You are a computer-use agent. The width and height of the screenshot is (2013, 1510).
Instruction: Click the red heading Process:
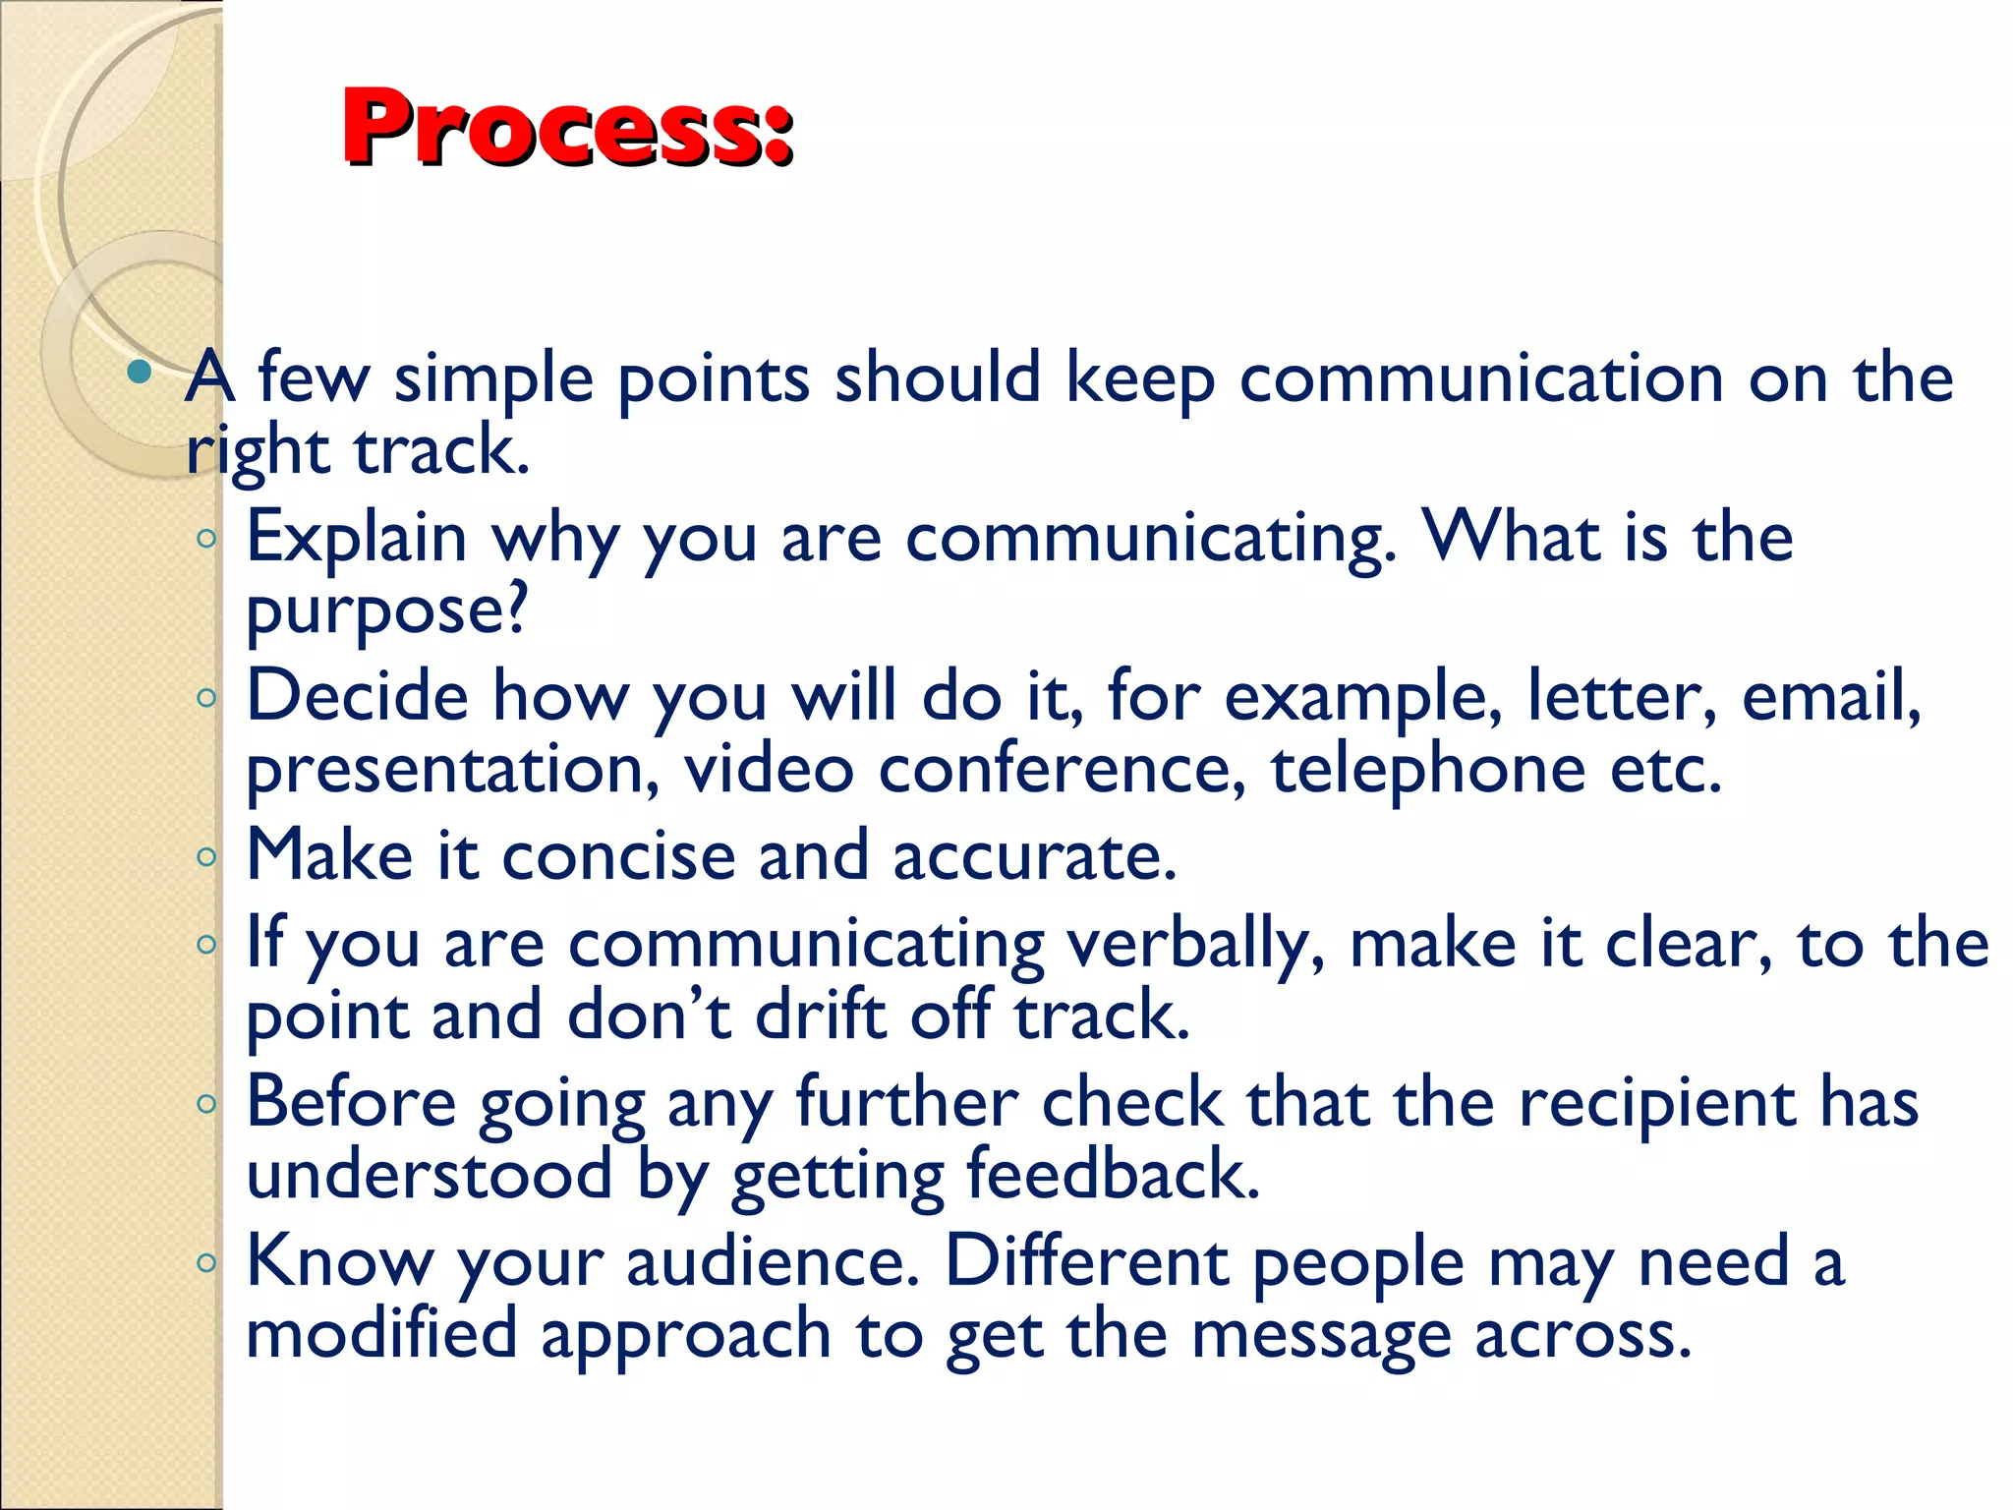[567, 128]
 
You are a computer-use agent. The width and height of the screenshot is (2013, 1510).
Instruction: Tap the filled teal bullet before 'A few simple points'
[140, 372]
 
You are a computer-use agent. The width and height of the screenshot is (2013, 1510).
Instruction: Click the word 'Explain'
[356, 538]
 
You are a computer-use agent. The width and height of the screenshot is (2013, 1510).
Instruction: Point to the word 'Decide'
[357, 696]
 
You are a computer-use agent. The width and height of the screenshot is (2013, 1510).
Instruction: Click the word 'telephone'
[1427, 770]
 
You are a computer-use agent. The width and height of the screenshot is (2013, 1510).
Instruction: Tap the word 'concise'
[618, 855]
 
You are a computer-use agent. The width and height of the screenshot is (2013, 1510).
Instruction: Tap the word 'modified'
[381, 1334]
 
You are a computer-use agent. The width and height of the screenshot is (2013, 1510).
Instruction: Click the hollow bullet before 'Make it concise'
[205, 857]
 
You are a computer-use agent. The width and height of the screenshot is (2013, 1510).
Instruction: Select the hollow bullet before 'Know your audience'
[205, 1263]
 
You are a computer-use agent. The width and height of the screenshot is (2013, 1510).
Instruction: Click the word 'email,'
[1830, 696]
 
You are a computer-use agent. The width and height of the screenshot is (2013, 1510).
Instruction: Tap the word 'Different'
[1087, 1261]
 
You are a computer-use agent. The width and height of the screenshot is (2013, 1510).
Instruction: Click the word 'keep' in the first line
[1140, 379]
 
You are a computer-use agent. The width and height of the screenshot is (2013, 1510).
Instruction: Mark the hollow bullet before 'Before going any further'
[205, 1104]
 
